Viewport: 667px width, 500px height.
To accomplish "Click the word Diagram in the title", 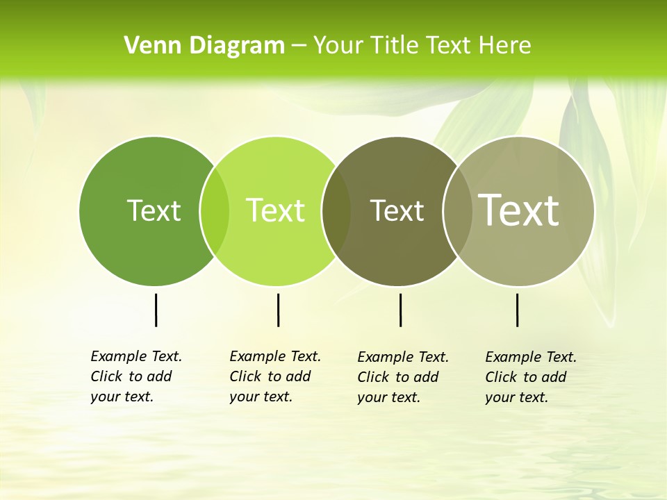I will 237,46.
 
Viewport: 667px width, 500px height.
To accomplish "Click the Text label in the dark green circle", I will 154,210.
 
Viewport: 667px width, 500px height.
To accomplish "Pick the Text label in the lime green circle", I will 275,210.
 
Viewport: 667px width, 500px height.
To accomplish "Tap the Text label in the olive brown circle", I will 397,210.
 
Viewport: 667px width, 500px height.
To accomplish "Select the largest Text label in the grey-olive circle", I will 519,210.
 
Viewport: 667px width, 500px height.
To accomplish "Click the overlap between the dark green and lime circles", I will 215,211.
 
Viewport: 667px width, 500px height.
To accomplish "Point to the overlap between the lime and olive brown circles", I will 336,211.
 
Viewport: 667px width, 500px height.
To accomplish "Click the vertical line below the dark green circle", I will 156,310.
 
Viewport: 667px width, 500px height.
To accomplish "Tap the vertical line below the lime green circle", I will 278,310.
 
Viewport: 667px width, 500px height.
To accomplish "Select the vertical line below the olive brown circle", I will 400,310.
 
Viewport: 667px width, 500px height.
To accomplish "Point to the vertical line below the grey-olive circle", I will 517,310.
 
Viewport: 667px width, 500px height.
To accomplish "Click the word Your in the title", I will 338,46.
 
